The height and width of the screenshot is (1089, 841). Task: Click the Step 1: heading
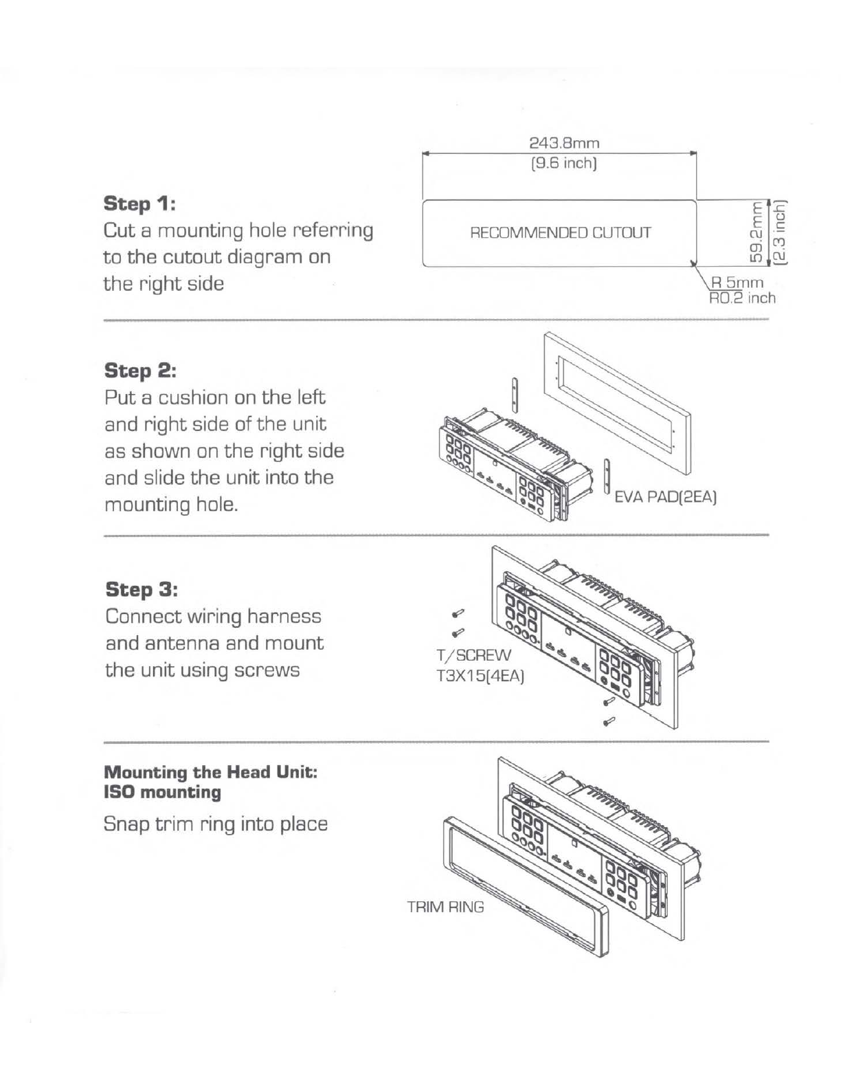(139, 204)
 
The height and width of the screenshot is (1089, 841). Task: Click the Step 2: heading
(140, 371)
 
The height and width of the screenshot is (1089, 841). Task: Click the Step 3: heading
(142, 589)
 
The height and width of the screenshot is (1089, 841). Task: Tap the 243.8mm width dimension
(564, 143)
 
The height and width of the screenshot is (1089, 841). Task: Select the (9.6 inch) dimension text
(563, 164)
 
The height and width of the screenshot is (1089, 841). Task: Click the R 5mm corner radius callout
(737, 283)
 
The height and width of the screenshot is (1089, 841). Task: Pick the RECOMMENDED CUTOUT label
(561, 232)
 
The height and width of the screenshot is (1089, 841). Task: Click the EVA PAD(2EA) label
(666, 498)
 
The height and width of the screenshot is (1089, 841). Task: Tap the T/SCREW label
(474, 654)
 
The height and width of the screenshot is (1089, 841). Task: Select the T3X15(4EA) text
(480, 676)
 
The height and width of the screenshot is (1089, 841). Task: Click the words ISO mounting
(162, 792)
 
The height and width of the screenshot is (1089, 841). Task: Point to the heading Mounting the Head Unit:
(210, 772)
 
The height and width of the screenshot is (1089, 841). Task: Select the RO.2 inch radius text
(742, 298)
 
